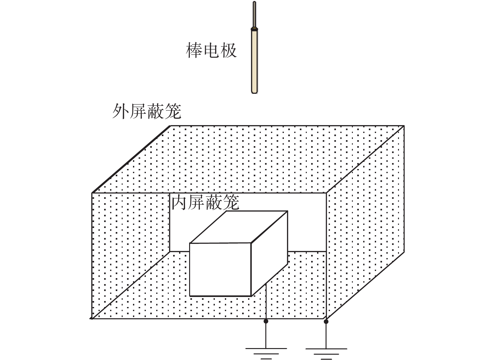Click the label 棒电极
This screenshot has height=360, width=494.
(x=211, y=50)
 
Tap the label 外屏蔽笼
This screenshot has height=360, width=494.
(x=147, y=111)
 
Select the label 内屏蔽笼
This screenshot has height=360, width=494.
(x=205, y=202)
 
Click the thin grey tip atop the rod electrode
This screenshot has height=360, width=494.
(x=254, y=14)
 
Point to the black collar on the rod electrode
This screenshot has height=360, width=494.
(x=254, y=29)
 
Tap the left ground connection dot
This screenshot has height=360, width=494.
(x=266, y=321)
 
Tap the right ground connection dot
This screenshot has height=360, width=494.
(x=326, y=322)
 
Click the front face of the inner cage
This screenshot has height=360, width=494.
(x=220, y=269)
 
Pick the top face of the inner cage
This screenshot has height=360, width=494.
(x=239, y=227)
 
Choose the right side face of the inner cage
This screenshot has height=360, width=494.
(x=269, y=253)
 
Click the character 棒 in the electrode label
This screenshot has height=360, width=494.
(x=194, y=50)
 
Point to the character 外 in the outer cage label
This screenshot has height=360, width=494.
(x=121, y=111)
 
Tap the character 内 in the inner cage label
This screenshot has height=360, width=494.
(x=180, y=202)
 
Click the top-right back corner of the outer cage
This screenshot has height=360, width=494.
(x=404, y=126)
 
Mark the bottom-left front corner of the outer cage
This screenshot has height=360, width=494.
(x=92, y=319)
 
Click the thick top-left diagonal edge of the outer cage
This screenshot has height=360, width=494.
(x=131, y=159)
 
